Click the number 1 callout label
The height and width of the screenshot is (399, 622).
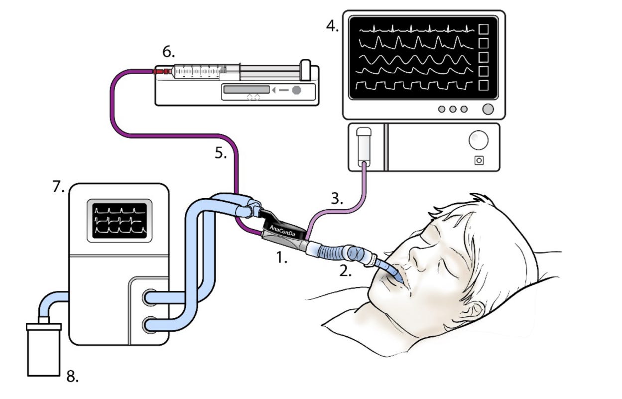pos(282,259)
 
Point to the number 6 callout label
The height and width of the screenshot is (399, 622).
pos(169,53)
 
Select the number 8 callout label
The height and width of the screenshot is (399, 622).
pos(72,377)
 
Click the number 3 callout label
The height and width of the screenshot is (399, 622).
pos(337,199)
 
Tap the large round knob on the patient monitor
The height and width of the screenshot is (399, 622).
pos(489,109)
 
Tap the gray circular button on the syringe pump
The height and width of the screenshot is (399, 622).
pos(296,90)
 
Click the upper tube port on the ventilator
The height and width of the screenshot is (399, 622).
pos(149,298)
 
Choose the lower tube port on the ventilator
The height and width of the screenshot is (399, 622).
pos(149,326)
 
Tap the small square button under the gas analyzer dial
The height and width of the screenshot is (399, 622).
pos(479,160)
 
